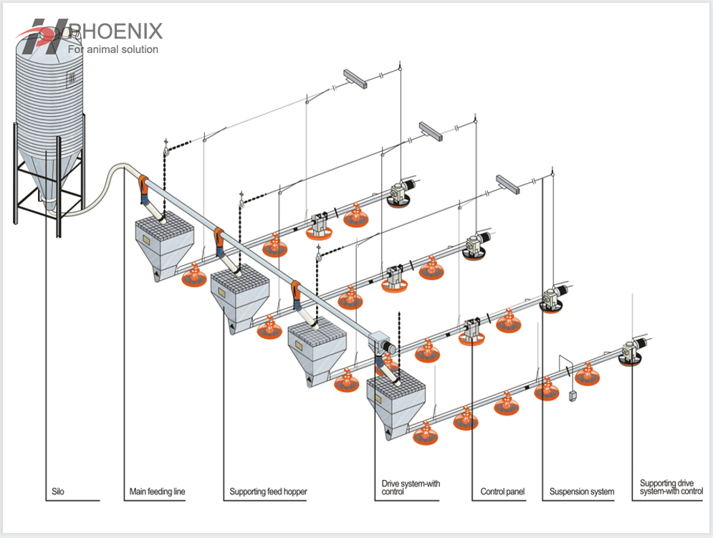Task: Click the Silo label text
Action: [x=58, y=492]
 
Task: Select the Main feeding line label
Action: [x=157, y=492]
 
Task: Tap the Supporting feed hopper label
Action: [x=268, y=492]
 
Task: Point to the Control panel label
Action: [x=502, y=492]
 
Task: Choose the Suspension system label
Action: [x=581, y=492]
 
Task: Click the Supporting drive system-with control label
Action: [x=671, y=487]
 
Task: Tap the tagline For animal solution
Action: [x=113, y=49]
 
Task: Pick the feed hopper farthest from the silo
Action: [x=397, y=404]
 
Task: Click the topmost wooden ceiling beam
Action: [x=355, y=79]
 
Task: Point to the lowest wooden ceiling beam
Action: [x=507, y=183]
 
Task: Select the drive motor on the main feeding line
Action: [x=380, y=344]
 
